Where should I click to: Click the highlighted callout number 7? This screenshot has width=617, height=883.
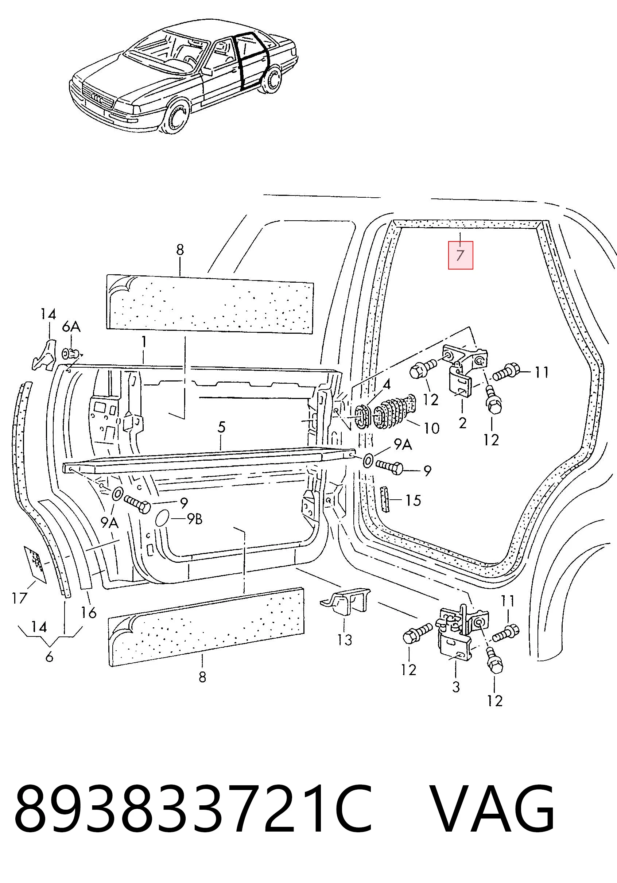(460, 255)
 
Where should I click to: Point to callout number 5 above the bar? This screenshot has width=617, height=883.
(221, 428)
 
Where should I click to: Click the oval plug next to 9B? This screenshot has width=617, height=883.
(162, 517)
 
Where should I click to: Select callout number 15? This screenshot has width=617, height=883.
(413, 500)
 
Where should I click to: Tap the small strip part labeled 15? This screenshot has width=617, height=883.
(384, 499)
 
